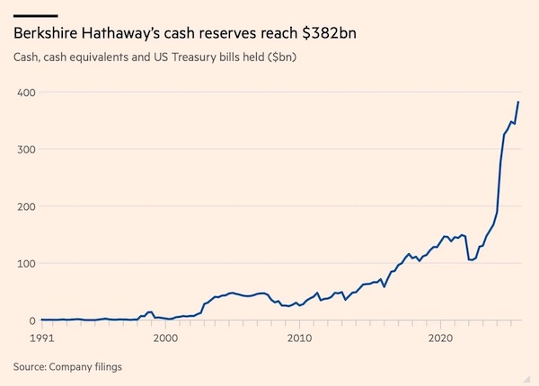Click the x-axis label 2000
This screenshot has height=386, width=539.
[x=165, y=338]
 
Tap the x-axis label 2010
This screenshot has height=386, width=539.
[x=299, y=338]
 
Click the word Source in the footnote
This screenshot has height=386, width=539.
[x=32, y=366]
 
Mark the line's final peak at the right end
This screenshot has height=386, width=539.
[x=518, y=102]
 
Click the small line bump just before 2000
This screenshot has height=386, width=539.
[x=150, y=311]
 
